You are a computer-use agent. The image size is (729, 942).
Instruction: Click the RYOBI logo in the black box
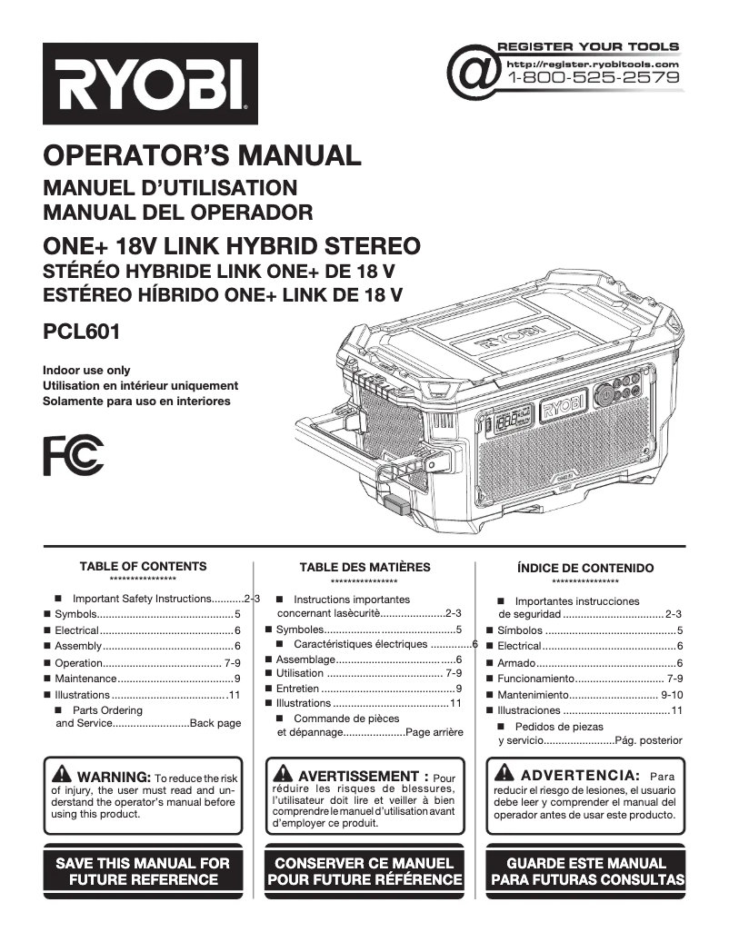point(150,84)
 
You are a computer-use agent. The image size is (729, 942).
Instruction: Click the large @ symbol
point(474,74)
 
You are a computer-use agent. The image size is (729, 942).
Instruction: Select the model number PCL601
point(81,332)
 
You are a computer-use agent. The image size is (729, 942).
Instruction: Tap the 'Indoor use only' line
point(86,371)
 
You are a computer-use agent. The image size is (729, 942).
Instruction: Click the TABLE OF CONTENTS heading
point(143,566)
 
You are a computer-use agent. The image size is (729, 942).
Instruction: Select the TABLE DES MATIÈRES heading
point(364,567)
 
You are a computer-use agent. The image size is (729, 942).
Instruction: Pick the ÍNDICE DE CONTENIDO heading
point(585,568)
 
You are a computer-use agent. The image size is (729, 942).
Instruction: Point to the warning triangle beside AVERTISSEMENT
point(283,775)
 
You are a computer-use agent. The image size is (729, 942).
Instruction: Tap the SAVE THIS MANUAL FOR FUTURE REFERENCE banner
point(143,870)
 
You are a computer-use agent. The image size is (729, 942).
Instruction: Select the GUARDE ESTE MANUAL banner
point(586,870)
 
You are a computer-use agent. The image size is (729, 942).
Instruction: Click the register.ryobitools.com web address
point(592,64)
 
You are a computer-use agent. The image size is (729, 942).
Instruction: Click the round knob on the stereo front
point(604,396)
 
